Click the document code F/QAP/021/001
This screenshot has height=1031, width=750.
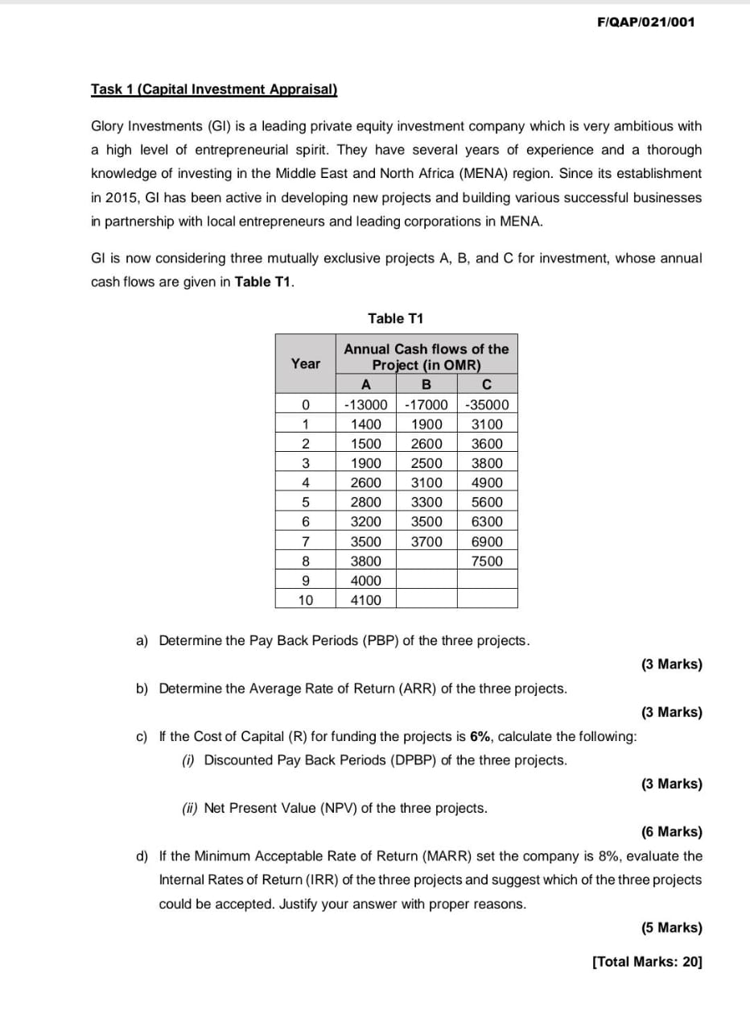coord(646,23)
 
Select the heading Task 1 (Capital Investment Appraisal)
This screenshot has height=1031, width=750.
coord(214,89)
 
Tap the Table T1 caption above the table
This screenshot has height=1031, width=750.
coord(395,318)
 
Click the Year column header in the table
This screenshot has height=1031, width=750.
coord(305,364)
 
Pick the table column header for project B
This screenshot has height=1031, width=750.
coord(427,384)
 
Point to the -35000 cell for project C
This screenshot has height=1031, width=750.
coord(487,404)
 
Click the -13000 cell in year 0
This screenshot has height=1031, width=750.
coord(365,404)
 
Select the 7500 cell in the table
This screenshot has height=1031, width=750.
coord(487,561)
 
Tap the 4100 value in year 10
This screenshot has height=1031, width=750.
coord(366,600)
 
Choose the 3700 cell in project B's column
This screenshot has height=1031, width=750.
coord(427,542)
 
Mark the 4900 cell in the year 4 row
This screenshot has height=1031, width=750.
coord(487,483)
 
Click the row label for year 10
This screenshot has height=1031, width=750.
coord(305,600)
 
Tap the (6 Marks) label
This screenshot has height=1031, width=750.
coord(671,832)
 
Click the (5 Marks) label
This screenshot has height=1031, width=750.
coord(671,927)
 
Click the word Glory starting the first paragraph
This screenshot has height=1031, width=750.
coord(109,126)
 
